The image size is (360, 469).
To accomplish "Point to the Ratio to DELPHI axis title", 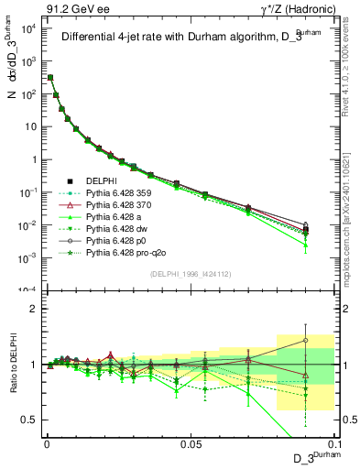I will point(12,365).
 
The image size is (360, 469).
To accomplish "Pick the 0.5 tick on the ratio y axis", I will point(32,420).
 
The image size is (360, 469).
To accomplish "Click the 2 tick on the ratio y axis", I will point(35,309).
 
